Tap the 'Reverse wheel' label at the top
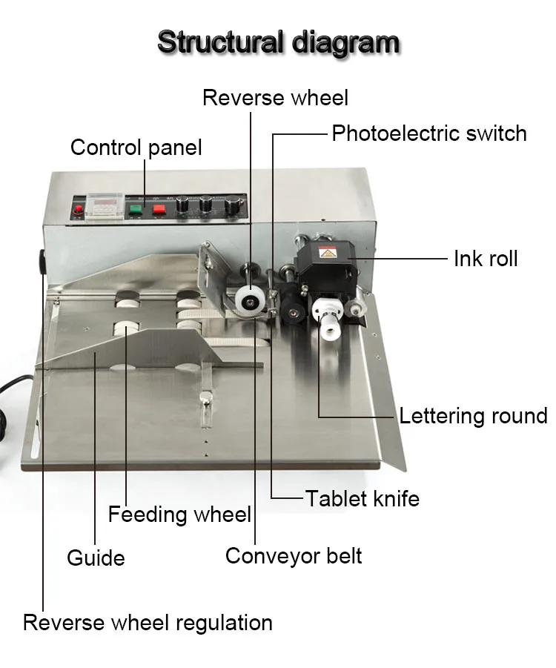click(x=275, y=98)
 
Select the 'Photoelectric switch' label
click(x=428, y=133)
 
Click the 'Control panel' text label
click(x=136, y=147)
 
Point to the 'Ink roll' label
click(x=486, y=258)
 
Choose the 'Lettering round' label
click(x=473, y=415)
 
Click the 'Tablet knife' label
click(x=363, y=498)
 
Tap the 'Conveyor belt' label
click(x=294, y=555)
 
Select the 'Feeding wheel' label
click(x=179, y=514)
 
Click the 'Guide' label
click(x=96, y=558)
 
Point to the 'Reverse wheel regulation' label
click(x=148, y=622)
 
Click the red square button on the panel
click(x=159, y=208)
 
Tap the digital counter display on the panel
click(x=102, y=203)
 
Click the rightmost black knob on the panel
click(x=234, y=205)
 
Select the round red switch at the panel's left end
click(x=78, y=212)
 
